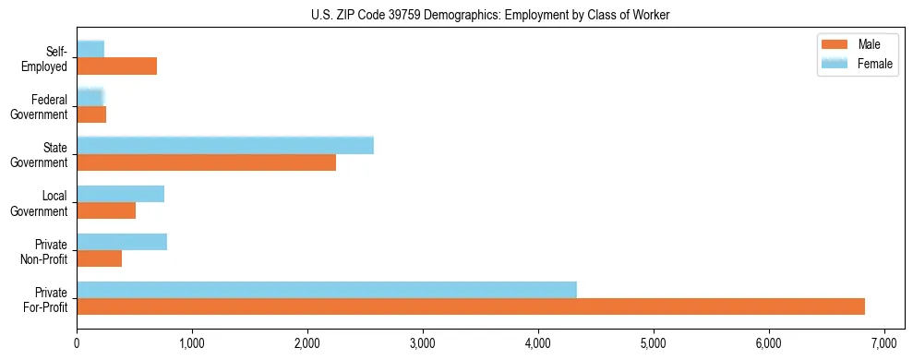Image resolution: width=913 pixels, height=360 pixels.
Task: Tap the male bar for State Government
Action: tap(206, 162)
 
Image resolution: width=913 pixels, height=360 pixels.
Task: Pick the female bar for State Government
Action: tap(225, 145)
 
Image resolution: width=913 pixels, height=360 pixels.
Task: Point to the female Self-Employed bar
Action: tap(90, 48)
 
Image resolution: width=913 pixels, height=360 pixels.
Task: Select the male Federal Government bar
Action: tap(91, 114)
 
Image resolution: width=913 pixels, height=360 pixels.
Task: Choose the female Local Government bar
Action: tap(120, 194)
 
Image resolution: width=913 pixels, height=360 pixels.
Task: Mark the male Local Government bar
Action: tap(106, 210)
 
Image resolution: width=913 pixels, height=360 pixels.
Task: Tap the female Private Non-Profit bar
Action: tap(122, 242)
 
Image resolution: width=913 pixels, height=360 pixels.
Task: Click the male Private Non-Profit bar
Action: tap(99, 258)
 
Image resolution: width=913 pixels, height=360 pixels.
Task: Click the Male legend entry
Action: tap(869, 45)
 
